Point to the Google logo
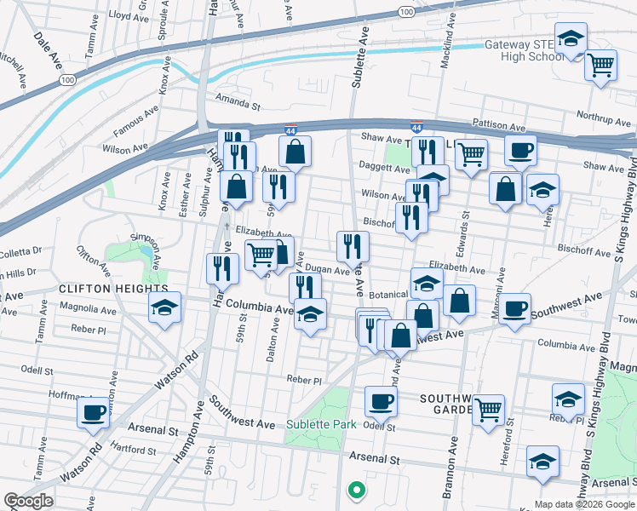tap(27, 501)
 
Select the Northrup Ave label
tap(601, 115)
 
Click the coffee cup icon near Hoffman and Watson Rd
tap(93, 413)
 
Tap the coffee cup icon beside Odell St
tap(381, 399)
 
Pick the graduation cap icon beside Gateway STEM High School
tap(571, 38)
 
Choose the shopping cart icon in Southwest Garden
tap(488, 410)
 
